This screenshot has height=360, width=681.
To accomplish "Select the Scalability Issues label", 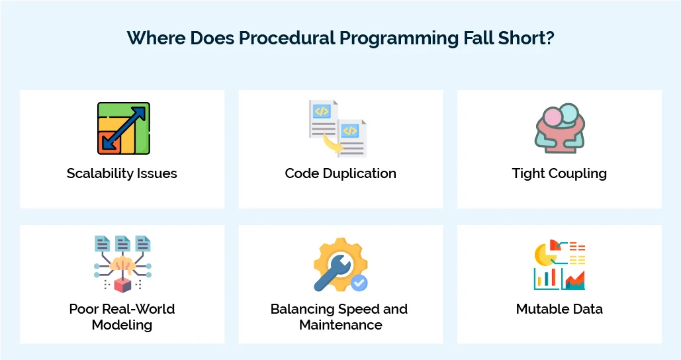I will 122,173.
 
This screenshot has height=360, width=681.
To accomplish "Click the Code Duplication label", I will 340,173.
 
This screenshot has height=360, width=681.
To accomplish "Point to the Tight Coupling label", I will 559,173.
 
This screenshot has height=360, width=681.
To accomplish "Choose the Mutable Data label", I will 559,309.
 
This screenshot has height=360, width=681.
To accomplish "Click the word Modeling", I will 122,325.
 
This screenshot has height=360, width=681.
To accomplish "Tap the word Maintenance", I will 340,325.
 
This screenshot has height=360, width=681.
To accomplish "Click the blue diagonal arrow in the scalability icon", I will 124,127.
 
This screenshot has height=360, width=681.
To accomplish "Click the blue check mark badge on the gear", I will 359,283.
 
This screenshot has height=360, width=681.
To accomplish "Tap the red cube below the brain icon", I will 122,285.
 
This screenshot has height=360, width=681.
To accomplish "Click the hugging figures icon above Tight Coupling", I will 559,128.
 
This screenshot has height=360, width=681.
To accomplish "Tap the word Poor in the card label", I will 85,309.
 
